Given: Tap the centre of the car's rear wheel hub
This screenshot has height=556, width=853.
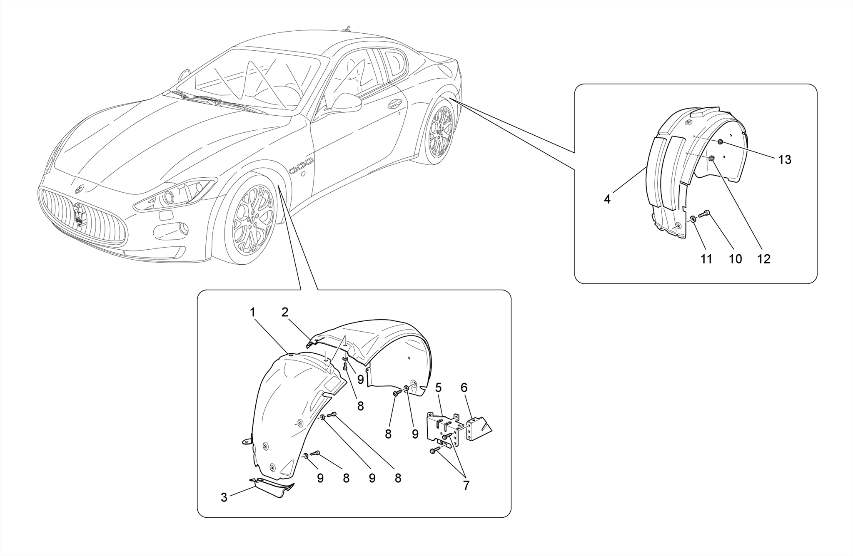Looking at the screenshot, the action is [441, 132].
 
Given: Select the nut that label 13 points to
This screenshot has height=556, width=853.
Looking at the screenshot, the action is [720, 143].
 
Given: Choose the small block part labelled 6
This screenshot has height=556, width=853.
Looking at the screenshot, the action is [479, 429].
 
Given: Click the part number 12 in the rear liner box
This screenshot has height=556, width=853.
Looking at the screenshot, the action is [764, 259].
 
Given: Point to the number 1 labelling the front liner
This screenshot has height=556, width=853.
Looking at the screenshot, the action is [252, 312].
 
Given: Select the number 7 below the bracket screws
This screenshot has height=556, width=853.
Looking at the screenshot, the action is [466, 485].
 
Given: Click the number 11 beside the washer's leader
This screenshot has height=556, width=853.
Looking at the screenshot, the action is [706, 259].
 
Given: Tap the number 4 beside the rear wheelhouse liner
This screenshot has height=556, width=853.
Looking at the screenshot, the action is [607, 199].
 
